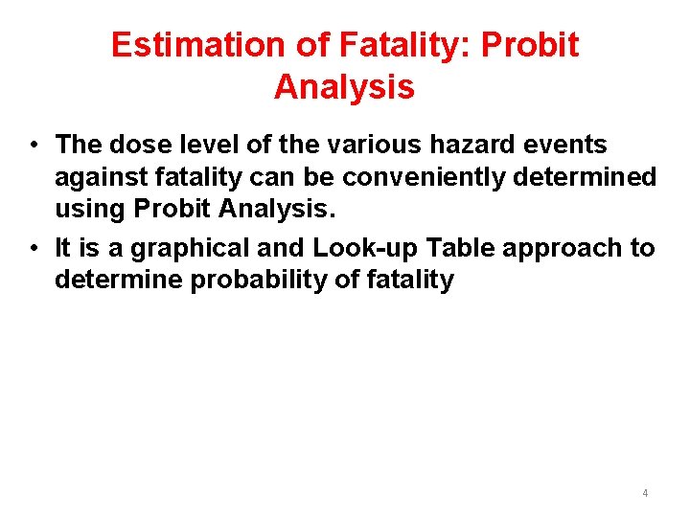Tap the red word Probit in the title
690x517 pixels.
[x=531, y=45]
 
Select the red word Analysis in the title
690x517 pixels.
[x=344, y=87]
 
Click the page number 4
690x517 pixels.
[x=645, y=493]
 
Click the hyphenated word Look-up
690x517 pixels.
[x=366, y=248]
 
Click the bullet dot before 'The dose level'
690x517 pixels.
[x=34, y=146]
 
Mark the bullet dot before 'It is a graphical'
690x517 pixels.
[x=34, y=249]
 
